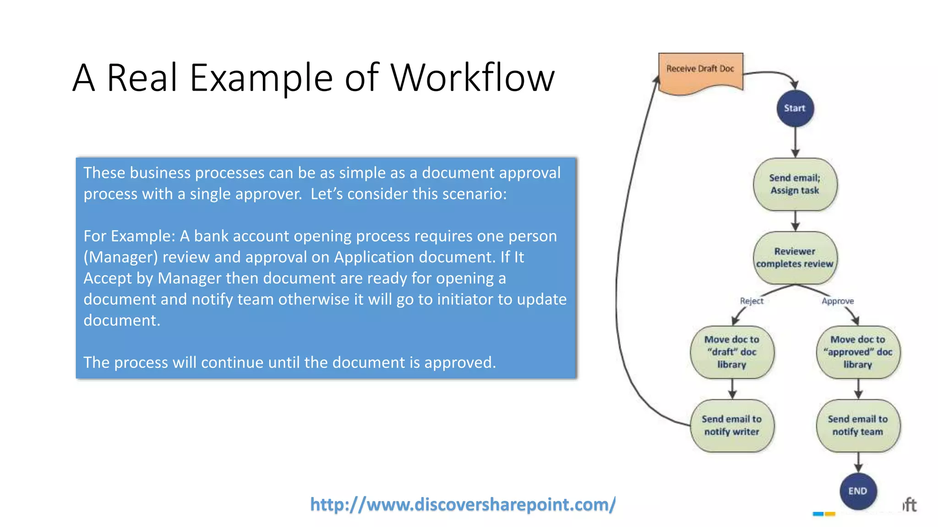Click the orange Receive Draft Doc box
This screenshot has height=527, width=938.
700,71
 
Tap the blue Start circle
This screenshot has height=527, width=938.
795,108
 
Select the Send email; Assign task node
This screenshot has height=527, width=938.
795,184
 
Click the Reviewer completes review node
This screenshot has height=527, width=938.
795,258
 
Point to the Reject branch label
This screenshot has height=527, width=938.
752,301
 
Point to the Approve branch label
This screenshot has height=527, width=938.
838,301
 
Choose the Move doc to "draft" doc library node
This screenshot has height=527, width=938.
732,352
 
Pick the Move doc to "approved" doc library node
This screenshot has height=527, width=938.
858,352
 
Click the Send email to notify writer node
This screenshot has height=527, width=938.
732,425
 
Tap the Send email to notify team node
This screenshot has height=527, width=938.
858,425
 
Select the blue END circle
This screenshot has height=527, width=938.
858,491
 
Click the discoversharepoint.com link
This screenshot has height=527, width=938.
463,505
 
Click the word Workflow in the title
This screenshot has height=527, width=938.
472,78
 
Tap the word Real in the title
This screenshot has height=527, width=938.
142,78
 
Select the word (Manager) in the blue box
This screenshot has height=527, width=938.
120,257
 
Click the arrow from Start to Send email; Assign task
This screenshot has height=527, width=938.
795,142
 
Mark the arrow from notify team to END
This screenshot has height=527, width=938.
858,462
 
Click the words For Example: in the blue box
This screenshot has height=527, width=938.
129,236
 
